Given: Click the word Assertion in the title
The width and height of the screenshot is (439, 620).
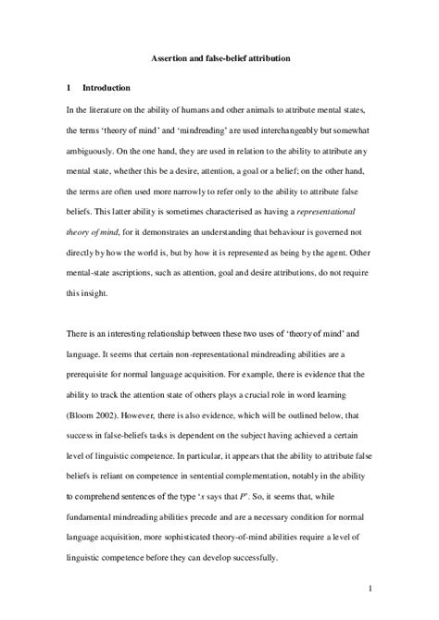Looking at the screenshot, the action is point(170,58).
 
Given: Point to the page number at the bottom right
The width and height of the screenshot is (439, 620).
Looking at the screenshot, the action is point(369,586).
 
